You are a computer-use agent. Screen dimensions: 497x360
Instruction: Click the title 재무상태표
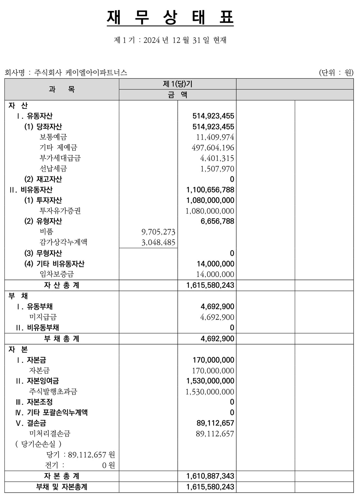pos(170,18)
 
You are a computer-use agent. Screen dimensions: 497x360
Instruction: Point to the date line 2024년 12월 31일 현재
pos(170,40)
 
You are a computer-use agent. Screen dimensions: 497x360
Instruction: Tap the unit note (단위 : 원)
pos(336,73)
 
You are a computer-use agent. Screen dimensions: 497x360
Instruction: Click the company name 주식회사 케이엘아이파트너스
pos(80,73)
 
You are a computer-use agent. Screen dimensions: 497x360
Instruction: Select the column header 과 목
pos(62,89)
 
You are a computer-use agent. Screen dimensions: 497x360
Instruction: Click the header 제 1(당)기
pos(178,84)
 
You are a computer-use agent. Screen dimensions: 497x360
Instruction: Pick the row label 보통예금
pos(53,137)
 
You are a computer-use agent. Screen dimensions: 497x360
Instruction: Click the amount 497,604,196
pos(213,148)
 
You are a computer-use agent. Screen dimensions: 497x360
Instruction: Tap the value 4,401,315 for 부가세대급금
pos(217,158)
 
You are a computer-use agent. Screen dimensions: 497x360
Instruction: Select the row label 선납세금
pos(53,169)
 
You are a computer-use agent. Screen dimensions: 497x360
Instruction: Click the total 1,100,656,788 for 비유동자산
pos(210,190)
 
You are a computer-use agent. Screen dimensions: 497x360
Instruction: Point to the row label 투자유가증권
pos(60,211)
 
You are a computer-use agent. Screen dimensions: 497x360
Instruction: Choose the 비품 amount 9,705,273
pos(158,232)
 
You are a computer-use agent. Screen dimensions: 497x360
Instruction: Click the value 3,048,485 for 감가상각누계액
pos(158,242)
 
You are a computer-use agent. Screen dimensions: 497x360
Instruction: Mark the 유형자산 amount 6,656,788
pos(217,222)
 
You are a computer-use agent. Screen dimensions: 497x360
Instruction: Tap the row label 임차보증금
pos(57,274)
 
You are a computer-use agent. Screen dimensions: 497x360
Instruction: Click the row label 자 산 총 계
pos(62,285)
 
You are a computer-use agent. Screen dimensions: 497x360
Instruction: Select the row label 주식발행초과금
pos(53,392)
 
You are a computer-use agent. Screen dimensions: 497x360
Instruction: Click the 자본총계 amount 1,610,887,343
pos(210,476)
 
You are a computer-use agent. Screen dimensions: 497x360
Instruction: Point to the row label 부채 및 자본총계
pos(62,487)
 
